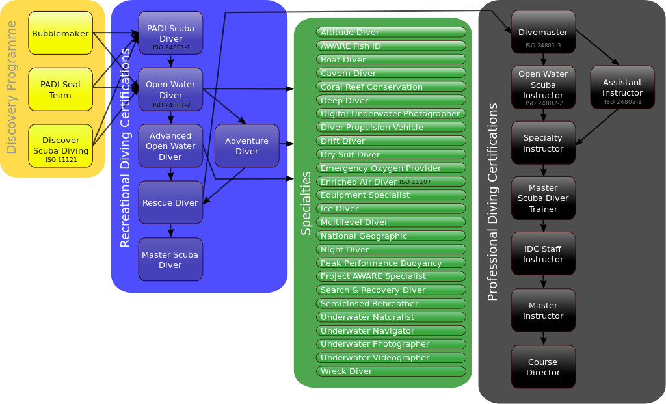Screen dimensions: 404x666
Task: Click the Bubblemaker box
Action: pos(60,33)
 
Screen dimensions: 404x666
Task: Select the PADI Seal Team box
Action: pos(60,90)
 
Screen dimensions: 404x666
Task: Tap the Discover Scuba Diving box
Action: pos(60,146)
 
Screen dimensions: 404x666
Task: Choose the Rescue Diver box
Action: pos(170,202)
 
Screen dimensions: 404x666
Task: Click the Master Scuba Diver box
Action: pos(170,260)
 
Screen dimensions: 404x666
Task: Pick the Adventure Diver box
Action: pos(246,146)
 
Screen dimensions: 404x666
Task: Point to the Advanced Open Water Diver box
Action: pos(170,146)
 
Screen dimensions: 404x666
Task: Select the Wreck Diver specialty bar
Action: pos(391,371)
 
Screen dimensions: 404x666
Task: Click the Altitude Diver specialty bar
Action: pos(391,32)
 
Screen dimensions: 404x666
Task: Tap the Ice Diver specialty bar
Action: pos(391,209)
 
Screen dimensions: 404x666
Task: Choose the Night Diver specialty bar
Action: pos(391,249)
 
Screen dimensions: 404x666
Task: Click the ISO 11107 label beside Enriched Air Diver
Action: pos(415,182)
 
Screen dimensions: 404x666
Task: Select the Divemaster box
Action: pos(543,33)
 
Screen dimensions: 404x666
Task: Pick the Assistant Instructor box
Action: pos(622,87)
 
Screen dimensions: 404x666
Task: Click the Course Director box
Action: pos(543,367)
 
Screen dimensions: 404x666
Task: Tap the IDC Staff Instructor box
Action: pos(543,254)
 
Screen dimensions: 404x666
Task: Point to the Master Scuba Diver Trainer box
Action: pos(543,198)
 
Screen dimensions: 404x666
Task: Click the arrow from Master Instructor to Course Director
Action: pos(543,338)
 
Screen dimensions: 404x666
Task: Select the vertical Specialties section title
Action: pos(306,203)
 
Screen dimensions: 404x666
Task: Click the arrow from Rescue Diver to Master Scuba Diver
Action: pos(171,230)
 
